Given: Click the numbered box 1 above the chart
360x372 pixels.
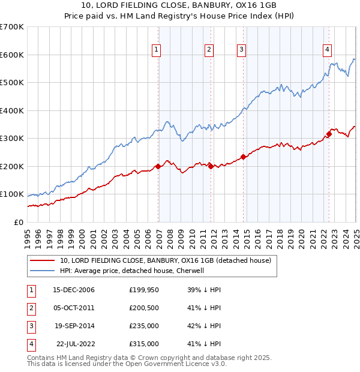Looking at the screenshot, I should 155,50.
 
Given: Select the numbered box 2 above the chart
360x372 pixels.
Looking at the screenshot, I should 208,50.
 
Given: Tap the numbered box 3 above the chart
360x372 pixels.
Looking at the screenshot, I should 241,50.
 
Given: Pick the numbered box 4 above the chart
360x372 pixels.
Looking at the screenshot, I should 327,50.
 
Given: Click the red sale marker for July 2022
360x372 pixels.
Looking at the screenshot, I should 329,134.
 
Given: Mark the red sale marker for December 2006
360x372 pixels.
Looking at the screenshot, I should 158,166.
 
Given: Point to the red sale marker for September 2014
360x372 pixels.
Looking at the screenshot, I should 243,157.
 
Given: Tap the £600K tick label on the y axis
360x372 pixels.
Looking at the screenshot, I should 12,55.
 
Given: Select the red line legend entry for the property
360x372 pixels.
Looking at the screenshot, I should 166,260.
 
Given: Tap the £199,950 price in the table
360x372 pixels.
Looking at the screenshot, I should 143,290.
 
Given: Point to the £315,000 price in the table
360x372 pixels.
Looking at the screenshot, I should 143,344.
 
